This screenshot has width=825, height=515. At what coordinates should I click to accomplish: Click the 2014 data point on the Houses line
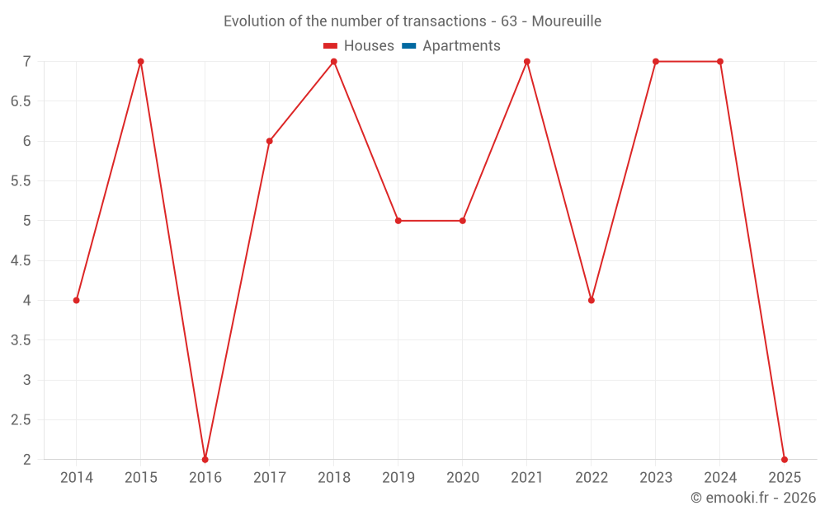(x=77, y=300)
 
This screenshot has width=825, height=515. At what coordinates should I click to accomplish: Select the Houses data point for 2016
(x=205, y=459)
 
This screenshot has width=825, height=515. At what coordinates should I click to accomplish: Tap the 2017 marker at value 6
(x=270, y=141)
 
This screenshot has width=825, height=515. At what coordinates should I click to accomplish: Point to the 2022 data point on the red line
(x=592, y=300)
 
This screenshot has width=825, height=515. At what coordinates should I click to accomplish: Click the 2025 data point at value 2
(x=785, y=459)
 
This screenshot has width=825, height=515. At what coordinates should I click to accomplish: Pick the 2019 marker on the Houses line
(x=398, y=221)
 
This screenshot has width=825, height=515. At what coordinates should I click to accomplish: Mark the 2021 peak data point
(x=527, y=62)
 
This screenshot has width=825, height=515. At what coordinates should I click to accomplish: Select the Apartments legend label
(x=461, y=46)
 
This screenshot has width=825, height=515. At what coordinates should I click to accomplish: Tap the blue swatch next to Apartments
(x=409, y=46)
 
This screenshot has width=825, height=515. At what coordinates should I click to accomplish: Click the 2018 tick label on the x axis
(x=334, y=478)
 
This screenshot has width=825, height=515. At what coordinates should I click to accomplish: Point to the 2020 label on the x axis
(x=463, y=478)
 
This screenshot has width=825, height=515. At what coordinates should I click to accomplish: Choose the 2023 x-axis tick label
(x=656, y=478)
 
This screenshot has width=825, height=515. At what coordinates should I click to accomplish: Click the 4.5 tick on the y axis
(x=21, y=260)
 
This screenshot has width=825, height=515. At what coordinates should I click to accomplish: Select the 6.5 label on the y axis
(x=21, y=101)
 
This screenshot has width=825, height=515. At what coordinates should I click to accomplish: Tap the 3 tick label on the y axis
(x=26, y=380)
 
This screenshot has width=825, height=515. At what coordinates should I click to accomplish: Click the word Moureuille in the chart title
(x=566, y=21)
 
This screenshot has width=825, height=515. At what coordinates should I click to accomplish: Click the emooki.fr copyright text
(x=753, y=498)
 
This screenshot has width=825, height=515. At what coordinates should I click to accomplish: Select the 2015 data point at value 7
(x=141, y=62)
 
